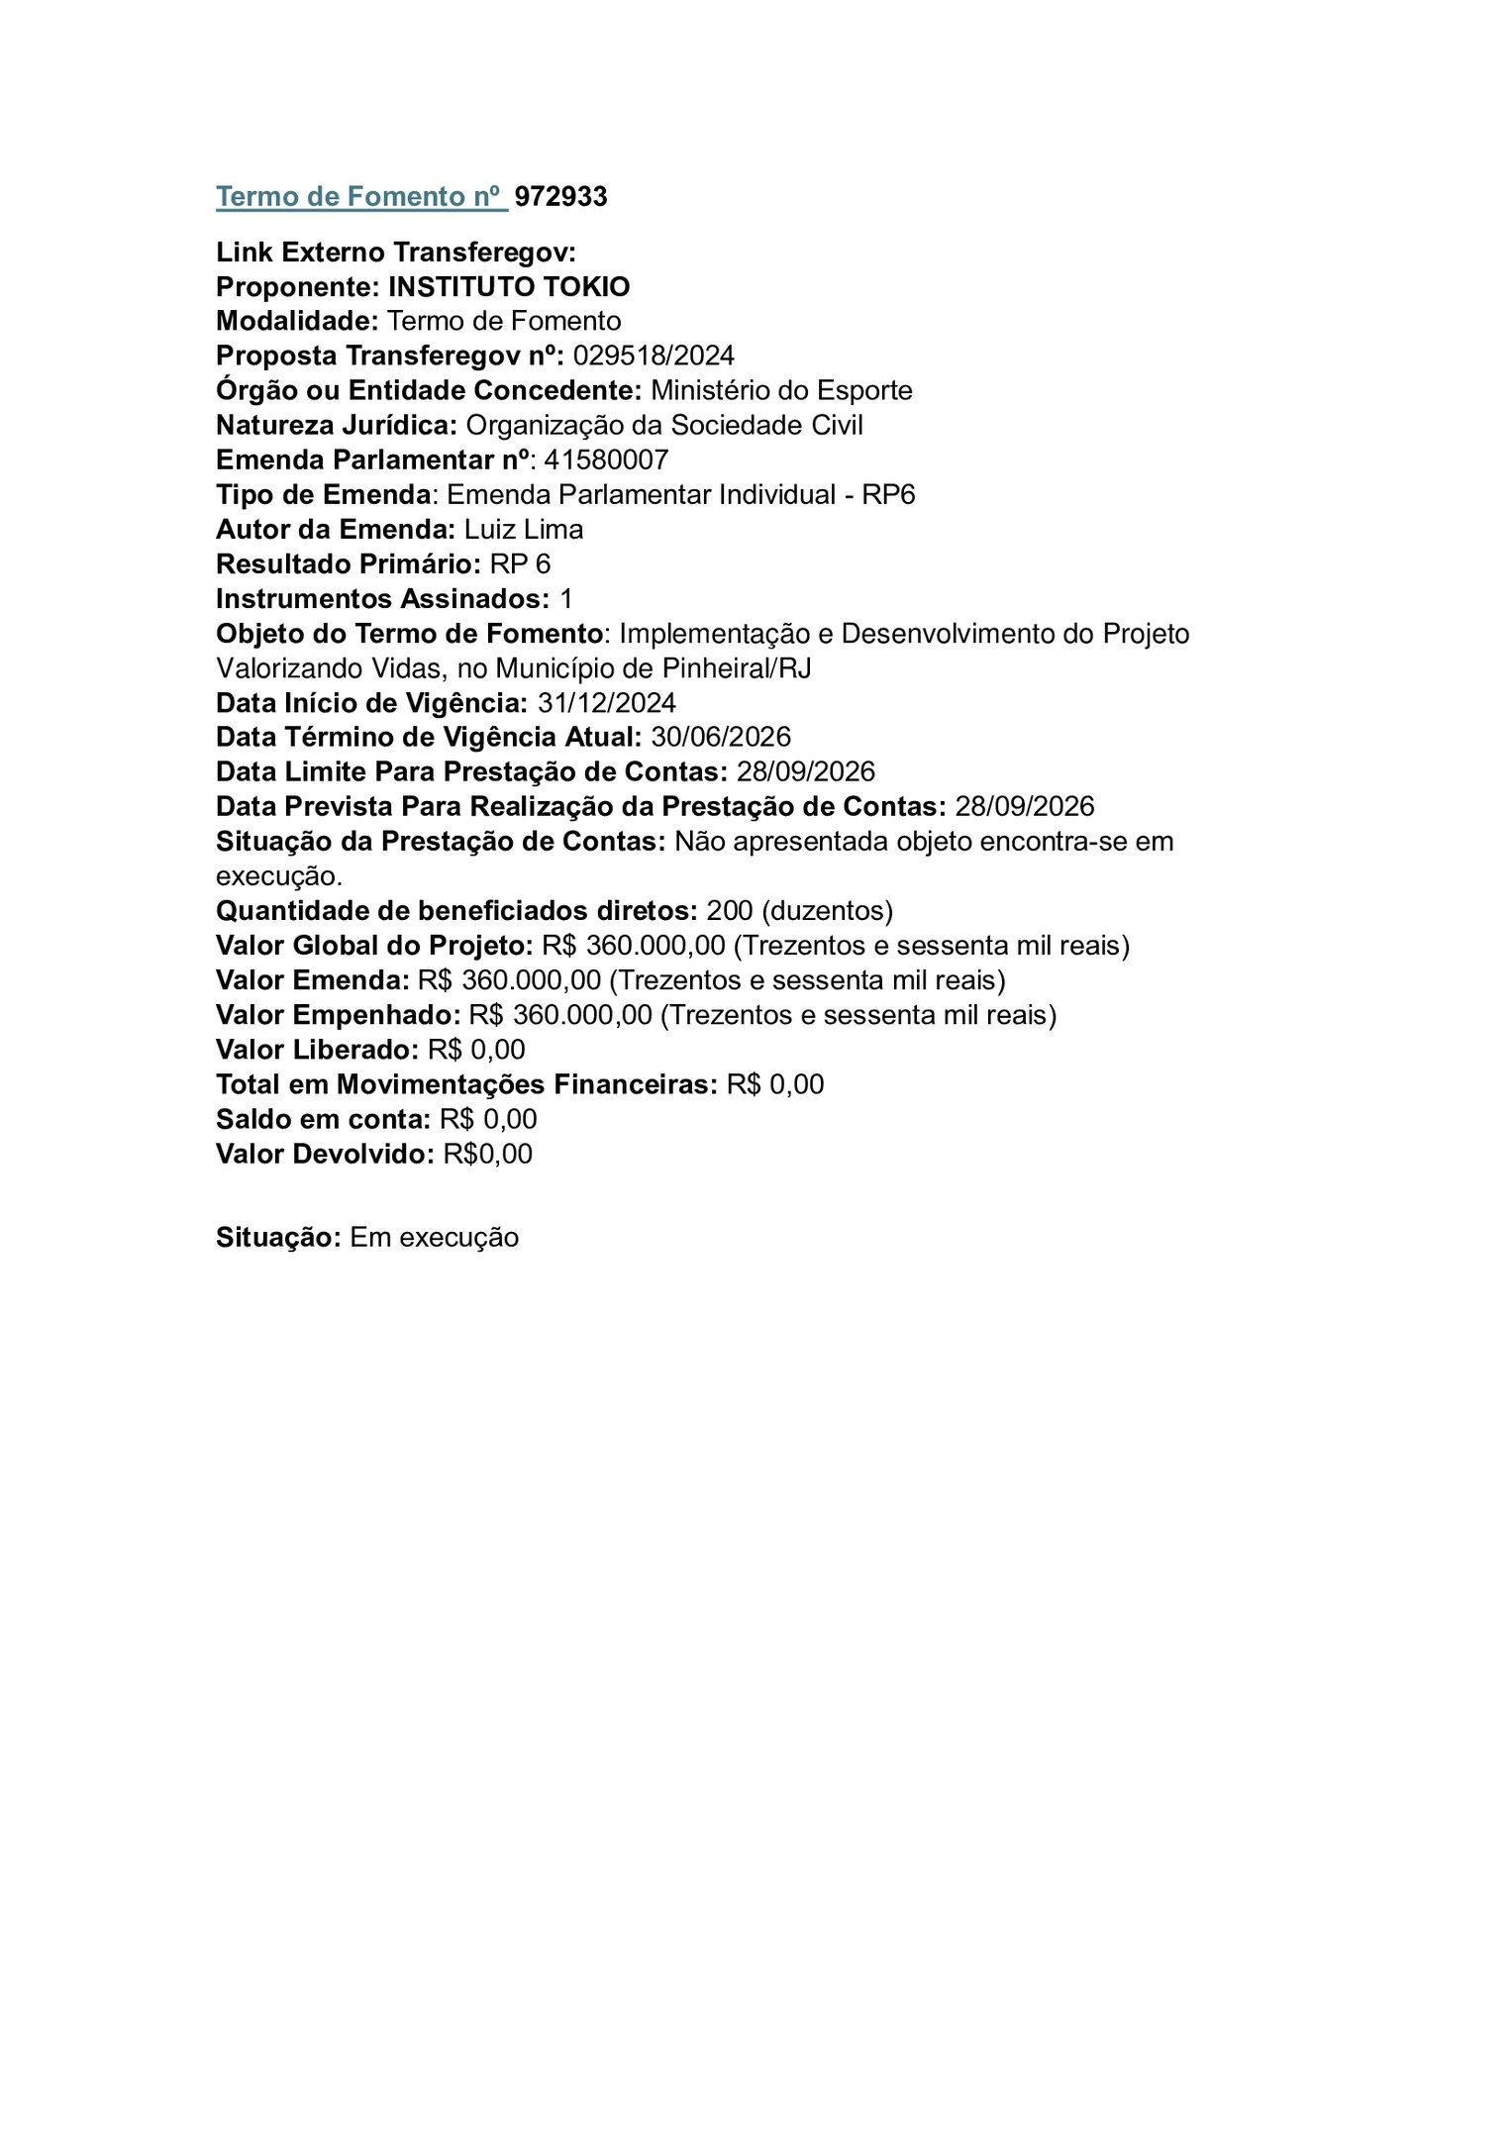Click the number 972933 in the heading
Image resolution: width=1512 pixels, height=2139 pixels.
pos(560,197)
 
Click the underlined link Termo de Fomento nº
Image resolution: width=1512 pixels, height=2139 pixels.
pos(361,197)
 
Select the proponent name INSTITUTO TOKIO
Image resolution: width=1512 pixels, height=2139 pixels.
pos(509,287)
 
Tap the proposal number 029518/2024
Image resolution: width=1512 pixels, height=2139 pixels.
pos(654,356)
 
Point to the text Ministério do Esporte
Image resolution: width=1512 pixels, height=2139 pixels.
pos(781,390)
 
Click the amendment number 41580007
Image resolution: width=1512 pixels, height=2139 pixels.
pos(606,459)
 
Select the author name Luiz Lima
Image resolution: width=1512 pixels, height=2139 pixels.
pos(524,529)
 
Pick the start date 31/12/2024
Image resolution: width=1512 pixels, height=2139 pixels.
pos(607,703)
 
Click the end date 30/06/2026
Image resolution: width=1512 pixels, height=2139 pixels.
pos(721,737)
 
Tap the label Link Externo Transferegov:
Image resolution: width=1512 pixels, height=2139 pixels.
pos(396,253)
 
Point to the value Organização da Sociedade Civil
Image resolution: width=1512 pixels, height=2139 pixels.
pos(664,425)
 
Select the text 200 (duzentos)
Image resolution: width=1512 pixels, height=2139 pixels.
pos(800,910)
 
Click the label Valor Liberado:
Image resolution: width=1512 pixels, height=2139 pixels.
pos(318,1050)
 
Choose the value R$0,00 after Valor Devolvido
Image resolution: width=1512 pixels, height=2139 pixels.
pos(487,1154)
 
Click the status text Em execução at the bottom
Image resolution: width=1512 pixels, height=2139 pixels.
pos(434,1238)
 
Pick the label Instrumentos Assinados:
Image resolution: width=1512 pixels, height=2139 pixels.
pos(383,599)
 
